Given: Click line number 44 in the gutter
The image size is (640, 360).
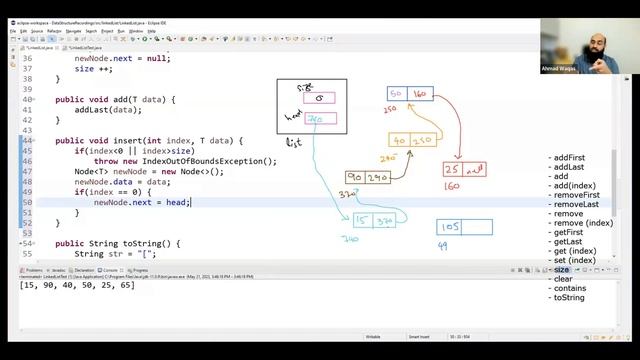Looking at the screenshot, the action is (27, 140).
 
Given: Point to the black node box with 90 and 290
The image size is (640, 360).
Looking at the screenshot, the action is (367, 177).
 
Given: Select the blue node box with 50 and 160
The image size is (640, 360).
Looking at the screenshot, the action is (407, 94).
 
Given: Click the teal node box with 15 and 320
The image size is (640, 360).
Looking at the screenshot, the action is (373, 221).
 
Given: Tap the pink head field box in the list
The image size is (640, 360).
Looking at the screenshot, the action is (319, 119).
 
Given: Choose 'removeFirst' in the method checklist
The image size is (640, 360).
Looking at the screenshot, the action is (577, 195).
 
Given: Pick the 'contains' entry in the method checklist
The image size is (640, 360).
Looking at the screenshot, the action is (570, 288).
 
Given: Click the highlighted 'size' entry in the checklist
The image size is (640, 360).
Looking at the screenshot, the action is (561, 270).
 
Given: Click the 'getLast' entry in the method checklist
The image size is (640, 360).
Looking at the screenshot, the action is (568, 241).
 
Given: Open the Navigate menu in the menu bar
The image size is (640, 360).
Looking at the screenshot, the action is (73, 31).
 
